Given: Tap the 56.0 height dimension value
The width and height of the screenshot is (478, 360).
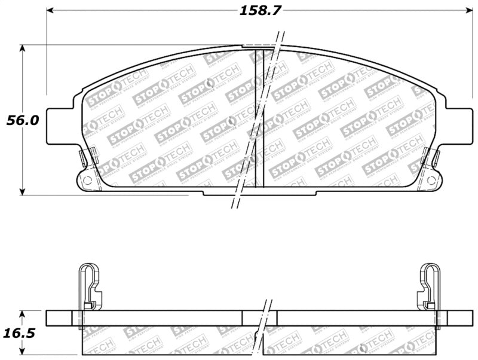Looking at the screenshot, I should [x=23, y=120].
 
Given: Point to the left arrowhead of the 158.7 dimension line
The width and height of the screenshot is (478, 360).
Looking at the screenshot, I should [x=50, y=10].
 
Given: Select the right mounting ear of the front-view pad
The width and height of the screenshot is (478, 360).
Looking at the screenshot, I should [x=458, y=124].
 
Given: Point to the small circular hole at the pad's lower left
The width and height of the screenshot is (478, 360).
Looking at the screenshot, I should [x=87, y=179].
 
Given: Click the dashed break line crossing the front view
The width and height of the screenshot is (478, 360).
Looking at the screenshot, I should [x=254, y=120].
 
